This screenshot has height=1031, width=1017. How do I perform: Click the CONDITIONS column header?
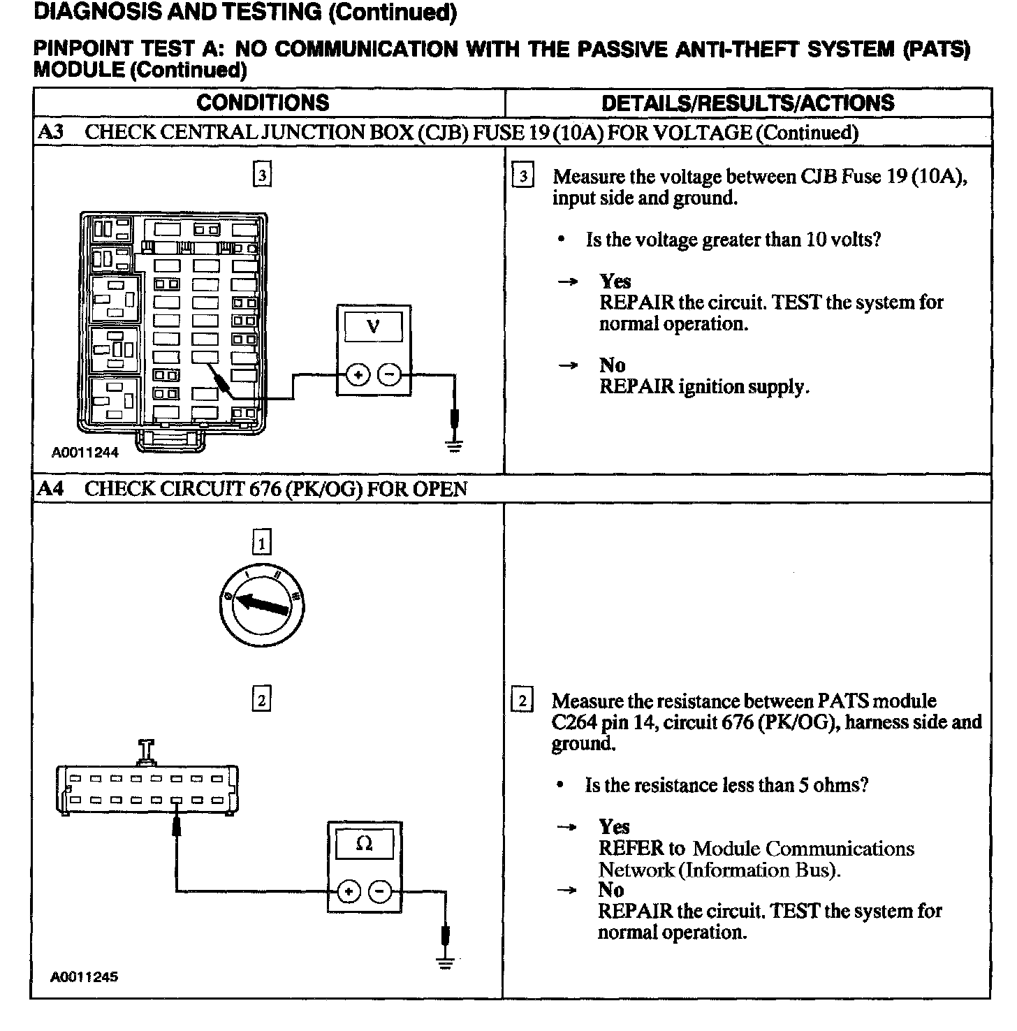pyautogui.click(x=263, y=103)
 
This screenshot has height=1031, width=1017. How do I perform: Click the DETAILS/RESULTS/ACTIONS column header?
pyautogui.click(x=747, y=103)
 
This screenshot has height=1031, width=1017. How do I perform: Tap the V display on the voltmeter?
pyautogui.click(x=373, y=326)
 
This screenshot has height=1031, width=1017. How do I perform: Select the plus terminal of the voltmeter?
pyautogui.click(x=358, y=375)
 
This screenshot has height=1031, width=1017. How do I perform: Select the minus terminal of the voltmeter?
pyautogui.click(x=389, y=375)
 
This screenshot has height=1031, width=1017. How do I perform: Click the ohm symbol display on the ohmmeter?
pyautogui.click(x=364, y=844)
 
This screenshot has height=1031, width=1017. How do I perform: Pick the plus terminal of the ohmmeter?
pyautogui.click(x=349, y=891)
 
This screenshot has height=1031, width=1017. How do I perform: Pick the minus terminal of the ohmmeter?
pyautogui.click(x=380, y=891)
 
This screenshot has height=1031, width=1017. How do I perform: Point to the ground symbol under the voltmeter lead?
pyautogui.click(x=455, y=444)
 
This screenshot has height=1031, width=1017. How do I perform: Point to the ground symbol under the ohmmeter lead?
pyautogui.click(x=445, y=963)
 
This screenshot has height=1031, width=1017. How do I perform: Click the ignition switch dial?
pyautogui.click(x=262, y=605)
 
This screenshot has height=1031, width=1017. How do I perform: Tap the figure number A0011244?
pyautogui.click(x=85, y=453)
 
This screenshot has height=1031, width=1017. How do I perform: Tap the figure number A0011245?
pyautogui.click(x=84, y=977)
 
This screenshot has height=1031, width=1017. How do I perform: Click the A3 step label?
pyautogui.click(x=50, y=133)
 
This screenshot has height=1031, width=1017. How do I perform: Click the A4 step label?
pyautogui.click(x=50, y=489)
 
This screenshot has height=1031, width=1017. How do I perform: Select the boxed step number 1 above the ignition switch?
pyautogui.click(x=261, y=543)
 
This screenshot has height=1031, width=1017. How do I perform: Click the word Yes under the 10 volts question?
pyautogui.click(x=615, y=281)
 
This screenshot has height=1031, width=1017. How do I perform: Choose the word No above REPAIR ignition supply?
pyautogui.click(x=612, y=365)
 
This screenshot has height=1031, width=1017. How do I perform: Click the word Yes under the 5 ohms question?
pyautogui.click(x=614, y=827)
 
